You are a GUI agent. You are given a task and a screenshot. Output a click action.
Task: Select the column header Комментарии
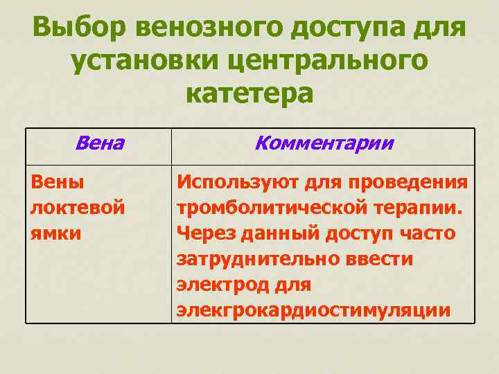[x=324, y=143]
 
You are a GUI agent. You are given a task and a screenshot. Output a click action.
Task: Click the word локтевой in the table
[x=78, y=208]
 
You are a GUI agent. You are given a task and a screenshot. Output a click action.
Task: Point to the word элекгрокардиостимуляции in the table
[x=313, y=310]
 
